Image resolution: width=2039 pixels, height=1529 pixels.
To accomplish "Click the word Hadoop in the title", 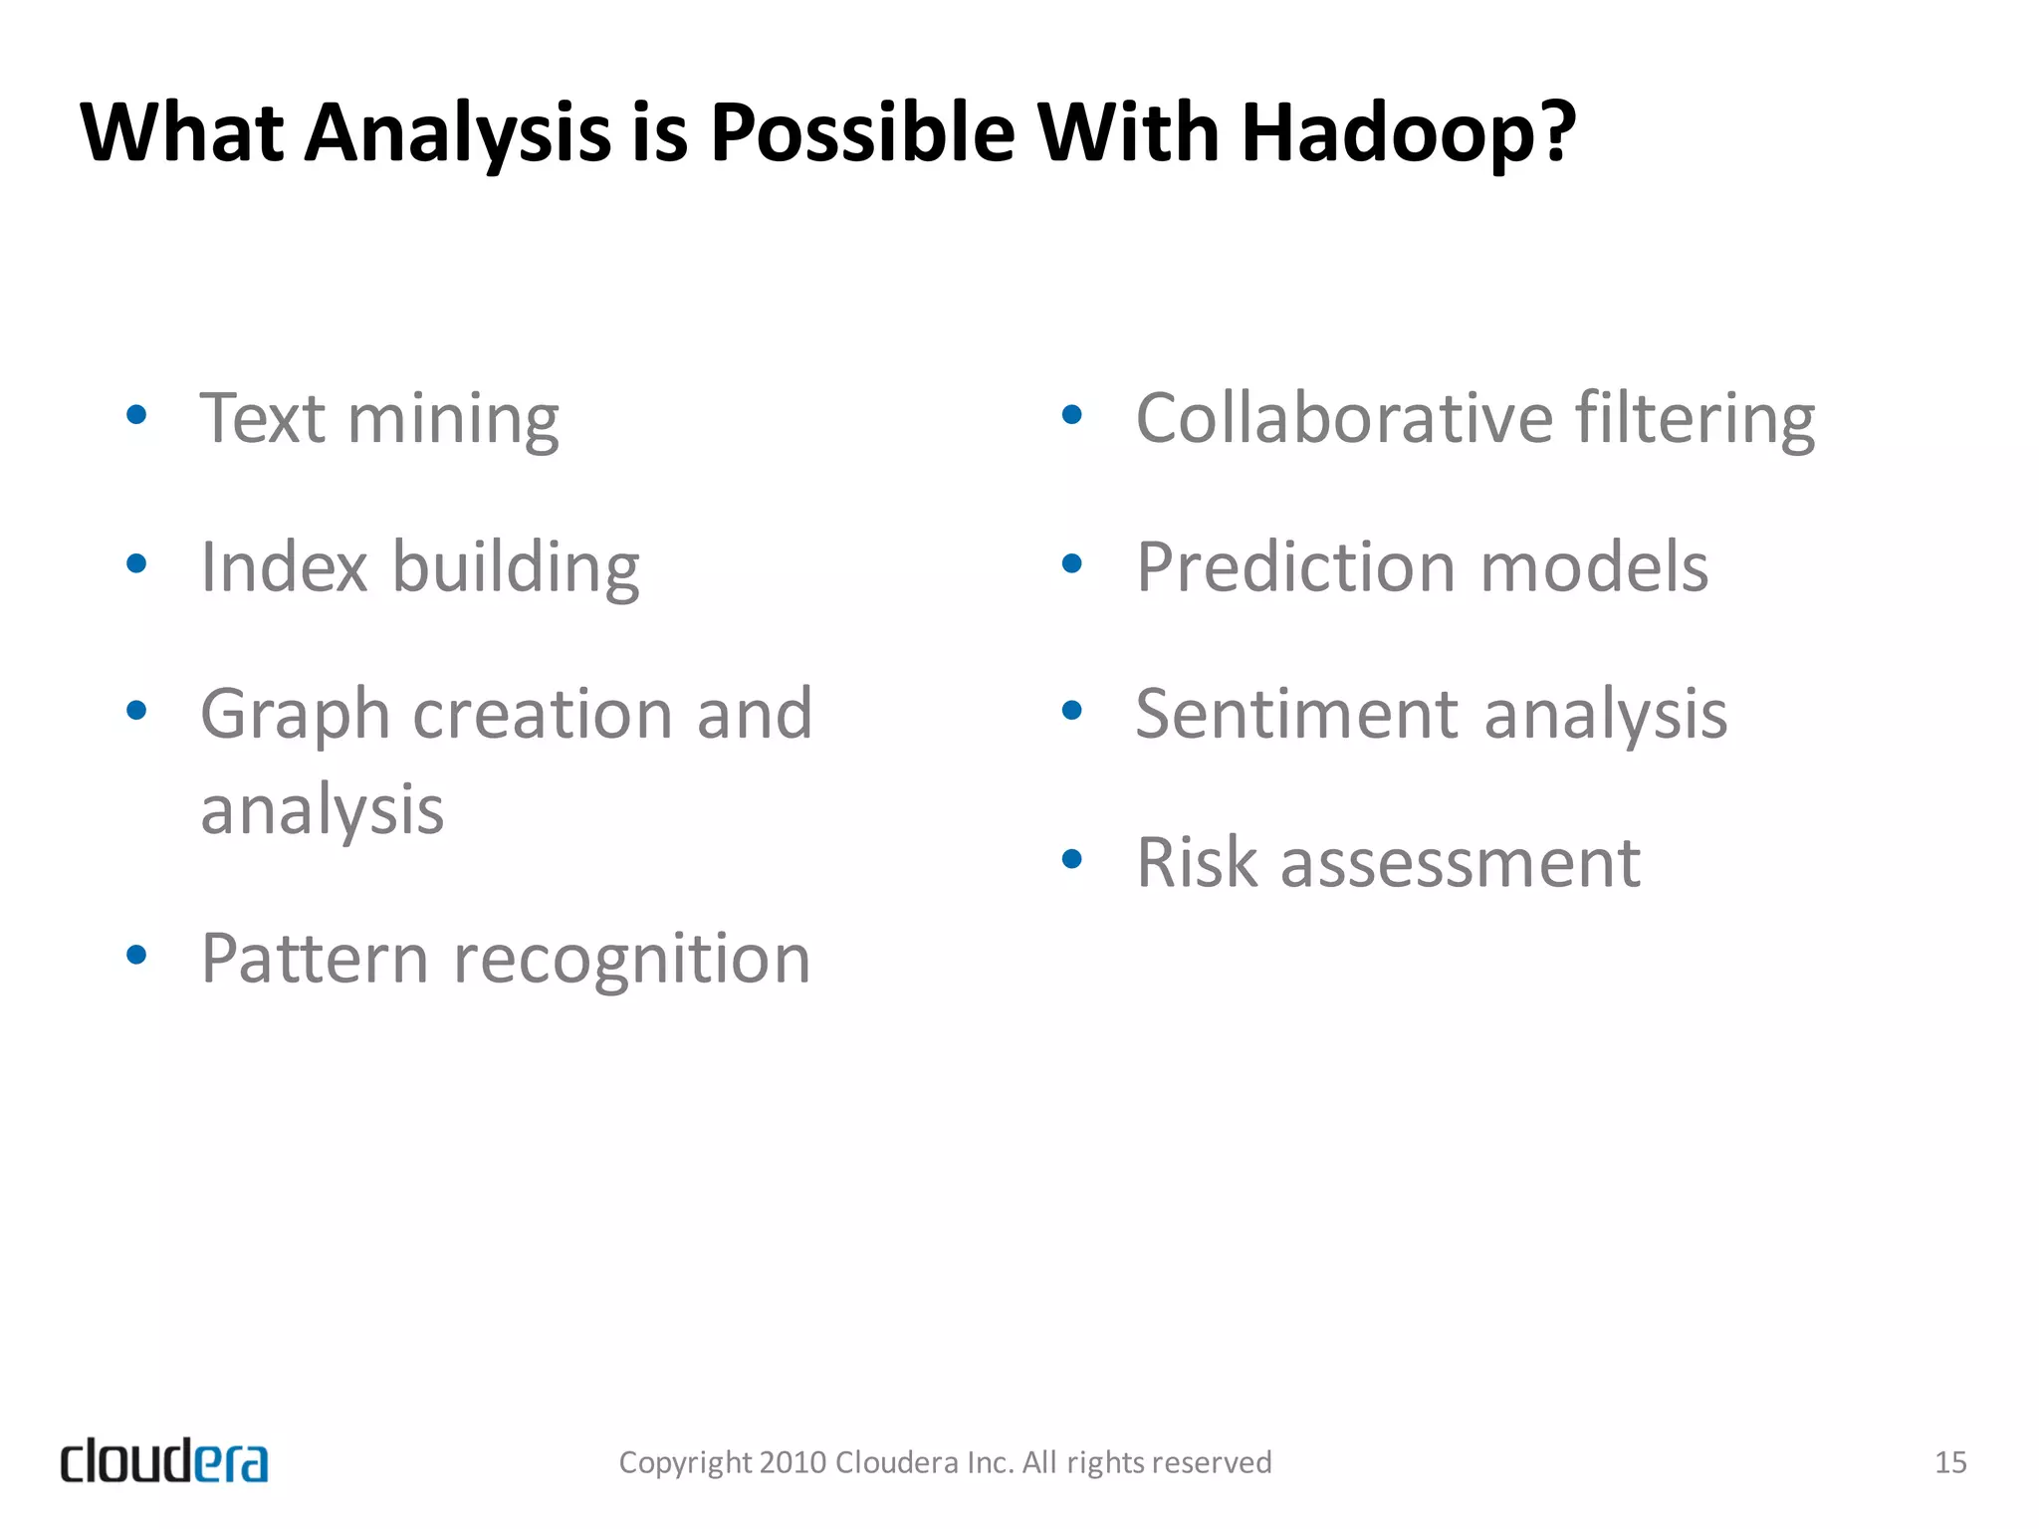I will coord(1408,132).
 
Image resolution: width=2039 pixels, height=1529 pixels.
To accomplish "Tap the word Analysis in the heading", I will coord(457,132).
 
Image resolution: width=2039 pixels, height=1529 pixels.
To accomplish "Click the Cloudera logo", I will coord(164,1461).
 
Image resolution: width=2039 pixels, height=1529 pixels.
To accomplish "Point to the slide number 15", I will coord(1950,1462).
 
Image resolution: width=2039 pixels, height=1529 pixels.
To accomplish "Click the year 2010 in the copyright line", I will coord(793,1462).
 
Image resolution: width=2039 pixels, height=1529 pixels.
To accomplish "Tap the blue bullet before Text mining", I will coord(137,415).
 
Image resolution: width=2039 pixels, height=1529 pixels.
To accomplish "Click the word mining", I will coord(453,419).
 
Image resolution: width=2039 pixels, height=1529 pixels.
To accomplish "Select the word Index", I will coord(285,566).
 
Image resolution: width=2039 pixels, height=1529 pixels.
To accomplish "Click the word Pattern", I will coord(315,959).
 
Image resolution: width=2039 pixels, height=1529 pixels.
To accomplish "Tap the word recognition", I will coord(632,959).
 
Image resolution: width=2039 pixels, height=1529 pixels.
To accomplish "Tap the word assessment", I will coord(1460,864).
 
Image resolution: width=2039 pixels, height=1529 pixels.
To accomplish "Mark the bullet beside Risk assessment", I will coord(1072,859).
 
